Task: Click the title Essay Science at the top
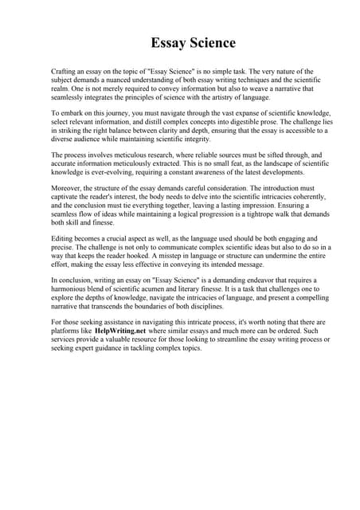pyautogui.click(x=194, y=42)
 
